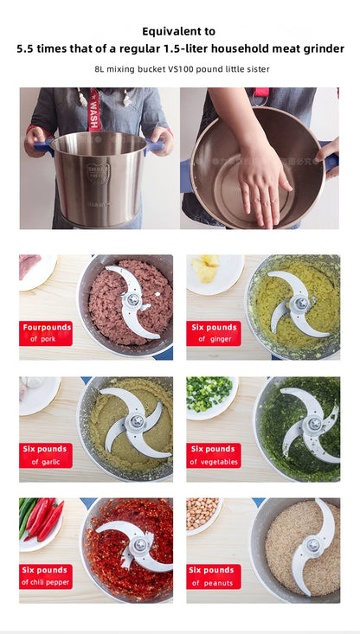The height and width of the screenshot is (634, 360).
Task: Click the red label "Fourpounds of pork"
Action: coord(46,333)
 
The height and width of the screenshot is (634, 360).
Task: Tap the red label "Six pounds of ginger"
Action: coord(214,333)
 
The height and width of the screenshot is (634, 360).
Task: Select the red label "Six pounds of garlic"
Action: coord(46,455)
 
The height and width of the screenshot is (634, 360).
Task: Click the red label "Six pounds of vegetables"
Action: coord(214,455)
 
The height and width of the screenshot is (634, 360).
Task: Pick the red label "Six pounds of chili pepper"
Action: coord(46,576)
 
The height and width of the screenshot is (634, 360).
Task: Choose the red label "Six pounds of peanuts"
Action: coord(214,576)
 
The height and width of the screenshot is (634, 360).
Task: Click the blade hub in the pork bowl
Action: coord(132,300)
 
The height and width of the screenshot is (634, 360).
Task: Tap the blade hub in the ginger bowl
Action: coord(299,303)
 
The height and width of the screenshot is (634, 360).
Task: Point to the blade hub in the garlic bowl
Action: coord(136,421)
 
